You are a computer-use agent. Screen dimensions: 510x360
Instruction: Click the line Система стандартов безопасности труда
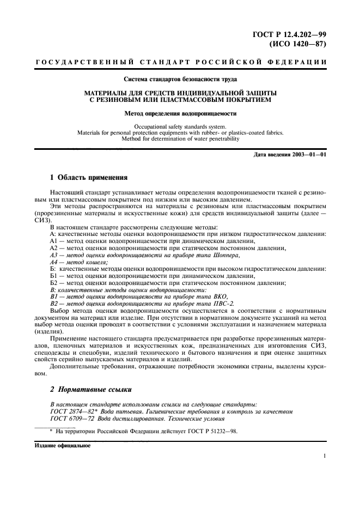coord(180,80)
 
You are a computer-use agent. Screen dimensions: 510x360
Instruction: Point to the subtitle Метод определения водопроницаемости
coord(180,114)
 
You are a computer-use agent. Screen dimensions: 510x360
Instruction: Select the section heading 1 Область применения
coord(89,178)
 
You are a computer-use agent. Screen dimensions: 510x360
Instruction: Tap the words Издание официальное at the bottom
coord(63,445)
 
